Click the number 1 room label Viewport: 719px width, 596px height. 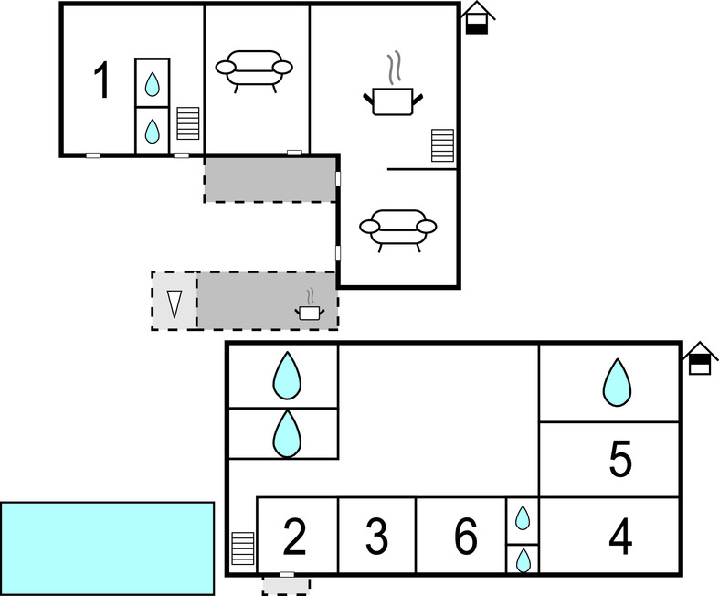tap(103, 81)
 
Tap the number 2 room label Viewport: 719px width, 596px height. tap(294, 537)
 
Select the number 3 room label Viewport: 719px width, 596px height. tap(376, 537)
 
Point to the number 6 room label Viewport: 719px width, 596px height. tap(466, 537)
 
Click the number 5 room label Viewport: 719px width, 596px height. tap(620, 460)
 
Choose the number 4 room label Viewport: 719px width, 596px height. tap(620, 537)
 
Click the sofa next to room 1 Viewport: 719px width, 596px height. tap(254, 69)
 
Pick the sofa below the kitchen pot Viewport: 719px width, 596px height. tap(397, 229)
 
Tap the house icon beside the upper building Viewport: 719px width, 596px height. tap(477, 18)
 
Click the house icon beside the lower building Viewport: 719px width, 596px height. tap(701, 358)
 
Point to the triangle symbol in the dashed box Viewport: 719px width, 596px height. tap(174, 302)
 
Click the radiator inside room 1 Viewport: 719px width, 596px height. tap(187, 123)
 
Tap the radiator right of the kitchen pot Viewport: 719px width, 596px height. tap(442, 145)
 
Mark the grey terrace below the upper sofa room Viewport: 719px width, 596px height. tap(270, 179)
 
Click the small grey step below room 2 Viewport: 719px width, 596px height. tap(286, 584)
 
